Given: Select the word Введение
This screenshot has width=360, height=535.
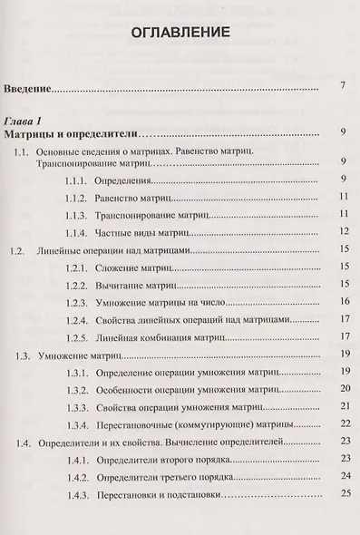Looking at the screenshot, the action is [28, 90].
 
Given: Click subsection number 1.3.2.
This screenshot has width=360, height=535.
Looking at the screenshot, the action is [80, 390].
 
